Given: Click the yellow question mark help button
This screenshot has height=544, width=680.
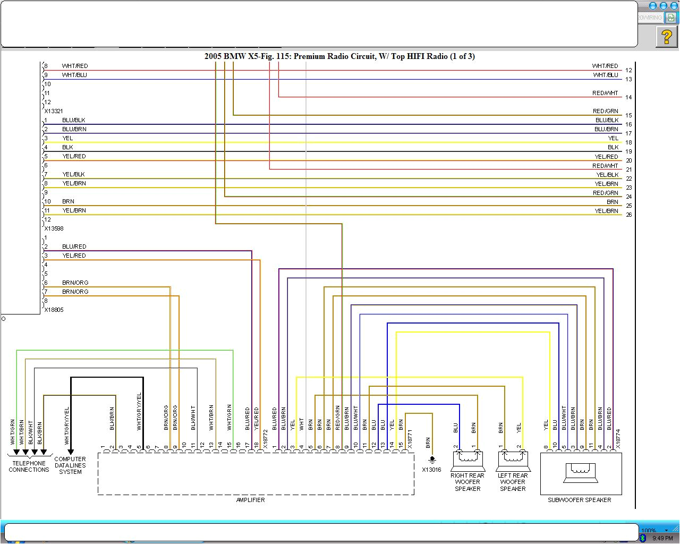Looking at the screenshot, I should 666,37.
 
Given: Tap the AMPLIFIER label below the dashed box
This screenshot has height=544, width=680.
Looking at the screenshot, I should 250,500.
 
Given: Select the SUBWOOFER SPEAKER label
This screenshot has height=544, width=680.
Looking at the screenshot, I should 579,500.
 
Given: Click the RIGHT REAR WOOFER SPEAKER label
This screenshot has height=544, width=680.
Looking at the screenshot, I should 467,482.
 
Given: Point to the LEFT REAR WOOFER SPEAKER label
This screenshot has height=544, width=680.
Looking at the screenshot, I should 513,482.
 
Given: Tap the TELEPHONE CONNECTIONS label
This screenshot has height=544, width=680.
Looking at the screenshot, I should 29,466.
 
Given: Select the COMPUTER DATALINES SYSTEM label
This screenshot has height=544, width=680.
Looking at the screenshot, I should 70,465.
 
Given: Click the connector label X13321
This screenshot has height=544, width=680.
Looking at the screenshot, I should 54,111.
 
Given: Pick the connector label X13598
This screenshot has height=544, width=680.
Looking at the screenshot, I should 54,228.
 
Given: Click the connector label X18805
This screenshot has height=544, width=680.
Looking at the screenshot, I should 54,310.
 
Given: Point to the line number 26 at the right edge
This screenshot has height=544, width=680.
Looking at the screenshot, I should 628,215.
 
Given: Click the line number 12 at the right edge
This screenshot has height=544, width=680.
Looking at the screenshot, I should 628,70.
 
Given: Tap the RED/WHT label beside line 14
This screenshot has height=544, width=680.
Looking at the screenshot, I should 606,93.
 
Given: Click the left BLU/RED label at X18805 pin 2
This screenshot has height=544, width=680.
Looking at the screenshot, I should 74,246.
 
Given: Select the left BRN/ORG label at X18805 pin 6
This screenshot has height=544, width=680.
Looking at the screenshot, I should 75,283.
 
